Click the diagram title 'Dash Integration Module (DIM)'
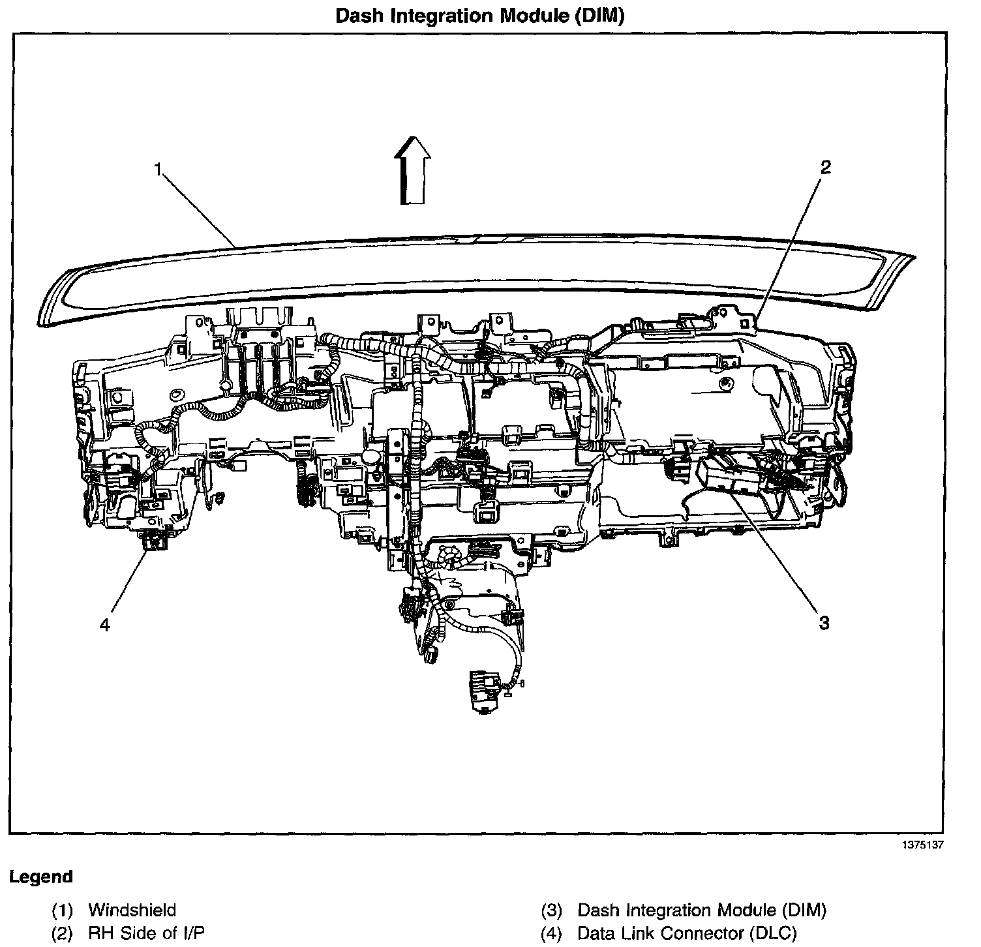[x=479, y=16]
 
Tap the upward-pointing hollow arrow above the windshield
[x=413, y=171]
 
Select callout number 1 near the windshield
[x=158, y=169]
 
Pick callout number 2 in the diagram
[x=825, y=168]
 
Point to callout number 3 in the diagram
[x=824, y=623]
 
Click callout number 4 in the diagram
[x=105, y=625]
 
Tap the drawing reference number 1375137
[x=922, y=845]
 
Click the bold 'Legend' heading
[x=41, y=877]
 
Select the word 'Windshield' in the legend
[x=132, y=910]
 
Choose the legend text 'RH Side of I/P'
[x=147, y=933]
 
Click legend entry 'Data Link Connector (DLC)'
[x=687, y=933]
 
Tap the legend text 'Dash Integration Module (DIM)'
[x=702, y=910]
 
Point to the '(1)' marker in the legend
[x=63, y=910]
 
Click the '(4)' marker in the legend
[x=552, y=933]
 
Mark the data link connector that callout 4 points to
[x=154, y=541]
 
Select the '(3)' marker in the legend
[x=552, y=910]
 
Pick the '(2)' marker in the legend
[x=63, y=933]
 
